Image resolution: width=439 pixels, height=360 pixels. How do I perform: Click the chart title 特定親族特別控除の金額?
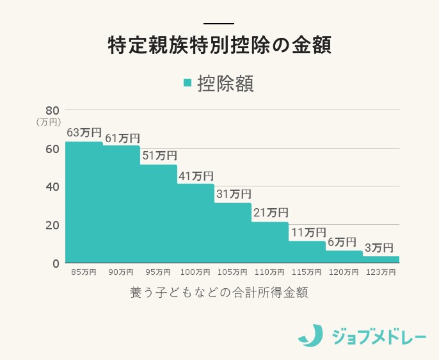click(219, 47)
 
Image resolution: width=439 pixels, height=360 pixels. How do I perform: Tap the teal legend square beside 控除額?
click(188, 83)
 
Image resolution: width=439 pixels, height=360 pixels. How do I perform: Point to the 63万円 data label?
click(84, 133)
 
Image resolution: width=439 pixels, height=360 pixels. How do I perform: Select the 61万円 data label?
click(122, 138)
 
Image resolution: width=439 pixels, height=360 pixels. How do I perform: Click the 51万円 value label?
click(159, 156)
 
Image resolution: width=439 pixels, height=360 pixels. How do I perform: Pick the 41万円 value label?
click(196, 176)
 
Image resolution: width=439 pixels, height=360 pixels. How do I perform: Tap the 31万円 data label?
click(234, 194)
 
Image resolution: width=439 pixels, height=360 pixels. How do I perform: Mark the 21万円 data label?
click(271, 213)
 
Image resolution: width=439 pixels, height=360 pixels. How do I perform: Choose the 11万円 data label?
click(308, 232)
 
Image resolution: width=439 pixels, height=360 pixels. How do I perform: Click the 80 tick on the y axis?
click(52, 110)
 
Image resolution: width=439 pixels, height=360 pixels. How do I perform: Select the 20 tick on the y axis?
click(52, 225)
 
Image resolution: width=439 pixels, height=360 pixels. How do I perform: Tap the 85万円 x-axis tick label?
click(84, 272)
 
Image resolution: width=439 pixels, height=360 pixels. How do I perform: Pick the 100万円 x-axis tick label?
click(196, 272)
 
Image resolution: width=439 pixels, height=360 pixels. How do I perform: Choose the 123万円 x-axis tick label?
click(380, 272)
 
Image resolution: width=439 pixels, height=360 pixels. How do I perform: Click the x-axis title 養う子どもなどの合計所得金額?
click(219, 293)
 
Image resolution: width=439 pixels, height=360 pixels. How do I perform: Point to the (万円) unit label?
click(48, 121)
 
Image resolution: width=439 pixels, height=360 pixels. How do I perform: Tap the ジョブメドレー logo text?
click(379, 336)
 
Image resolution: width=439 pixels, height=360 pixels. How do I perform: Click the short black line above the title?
click(219, 24)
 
